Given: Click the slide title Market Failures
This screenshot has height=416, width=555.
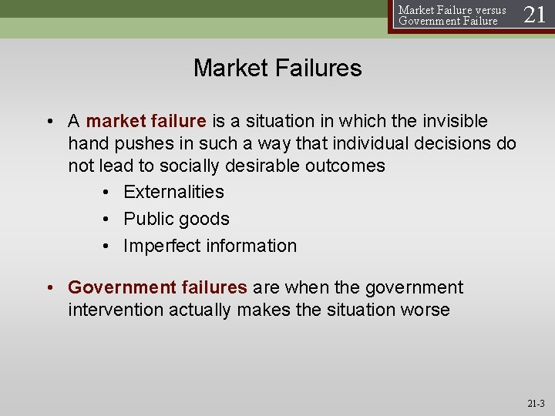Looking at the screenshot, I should (277, 68).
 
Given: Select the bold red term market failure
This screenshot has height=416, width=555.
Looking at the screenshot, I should (146, 121).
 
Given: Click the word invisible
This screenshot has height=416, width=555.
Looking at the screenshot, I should (451, 121).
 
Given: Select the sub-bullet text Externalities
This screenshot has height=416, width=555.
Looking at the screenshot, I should (173, 192).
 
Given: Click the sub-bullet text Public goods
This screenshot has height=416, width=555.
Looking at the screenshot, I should (177, 219).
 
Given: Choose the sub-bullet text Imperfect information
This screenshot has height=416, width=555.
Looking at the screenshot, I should (210, 246).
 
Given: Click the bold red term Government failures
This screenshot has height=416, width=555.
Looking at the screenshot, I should (157, 287).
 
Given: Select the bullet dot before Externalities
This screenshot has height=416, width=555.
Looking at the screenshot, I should (106, 193).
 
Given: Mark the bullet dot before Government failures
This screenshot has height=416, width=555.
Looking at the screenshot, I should (51, 288).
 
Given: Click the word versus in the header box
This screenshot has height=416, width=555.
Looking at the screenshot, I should (488, 10).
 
